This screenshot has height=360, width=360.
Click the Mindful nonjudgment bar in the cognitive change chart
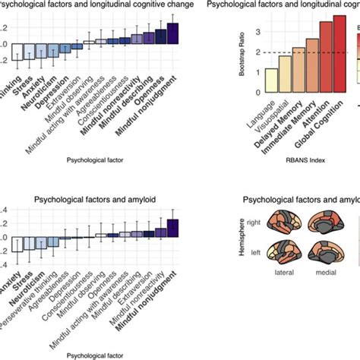(x=172, y=34)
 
